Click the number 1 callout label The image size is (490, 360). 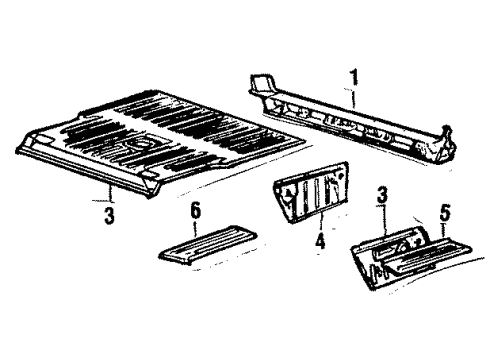click(354, 77)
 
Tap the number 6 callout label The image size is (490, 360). click(196, 212)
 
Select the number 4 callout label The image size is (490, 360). click(320, 241)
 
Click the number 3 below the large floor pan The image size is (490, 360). click(109, 215)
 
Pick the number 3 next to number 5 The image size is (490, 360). click(382, 195)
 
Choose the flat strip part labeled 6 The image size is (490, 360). click(208, 245)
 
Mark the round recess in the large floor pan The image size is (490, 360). click(137, 144)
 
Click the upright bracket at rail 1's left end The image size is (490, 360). click(263, 84)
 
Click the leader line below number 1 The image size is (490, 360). click(353, 97)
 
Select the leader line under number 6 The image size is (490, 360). click(195, 229)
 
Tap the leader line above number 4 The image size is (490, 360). click(321, 222)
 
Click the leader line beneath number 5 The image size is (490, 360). click(443, 231)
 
